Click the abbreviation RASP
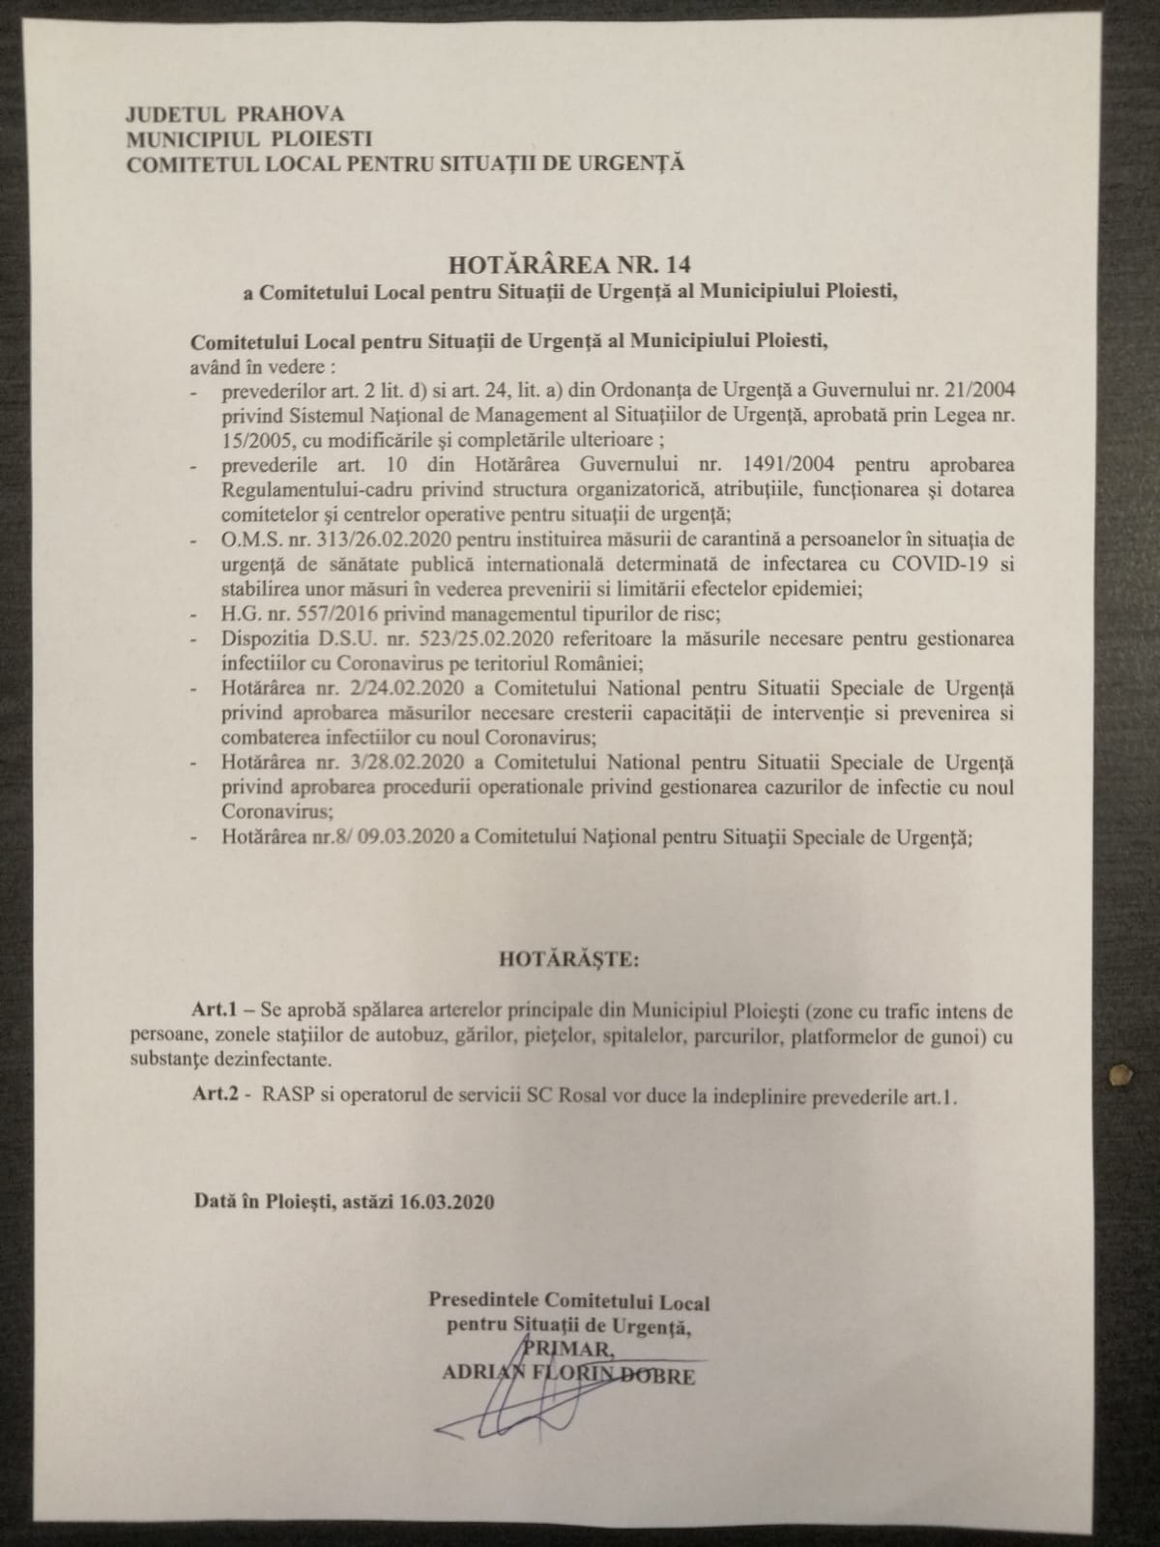(275, 1097)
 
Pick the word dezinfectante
(262, 1060)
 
